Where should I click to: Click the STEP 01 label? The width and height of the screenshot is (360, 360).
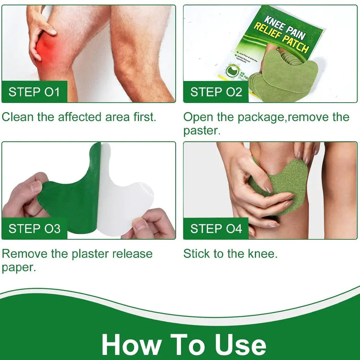[x=34, y=92]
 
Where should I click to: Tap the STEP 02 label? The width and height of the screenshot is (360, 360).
[x=216, y=92]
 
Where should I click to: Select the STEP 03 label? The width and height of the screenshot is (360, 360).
[x=34, y=229]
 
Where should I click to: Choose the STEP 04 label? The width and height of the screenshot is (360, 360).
[x=216, y=229]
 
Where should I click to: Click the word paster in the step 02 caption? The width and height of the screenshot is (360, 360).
[x=201, y=131]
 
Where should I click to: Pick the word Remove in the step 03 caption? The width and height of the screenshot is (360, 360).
[x=24, y=254]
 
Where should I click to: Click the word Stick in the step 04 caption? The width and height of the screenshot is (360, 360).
[x=197, y=254]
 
